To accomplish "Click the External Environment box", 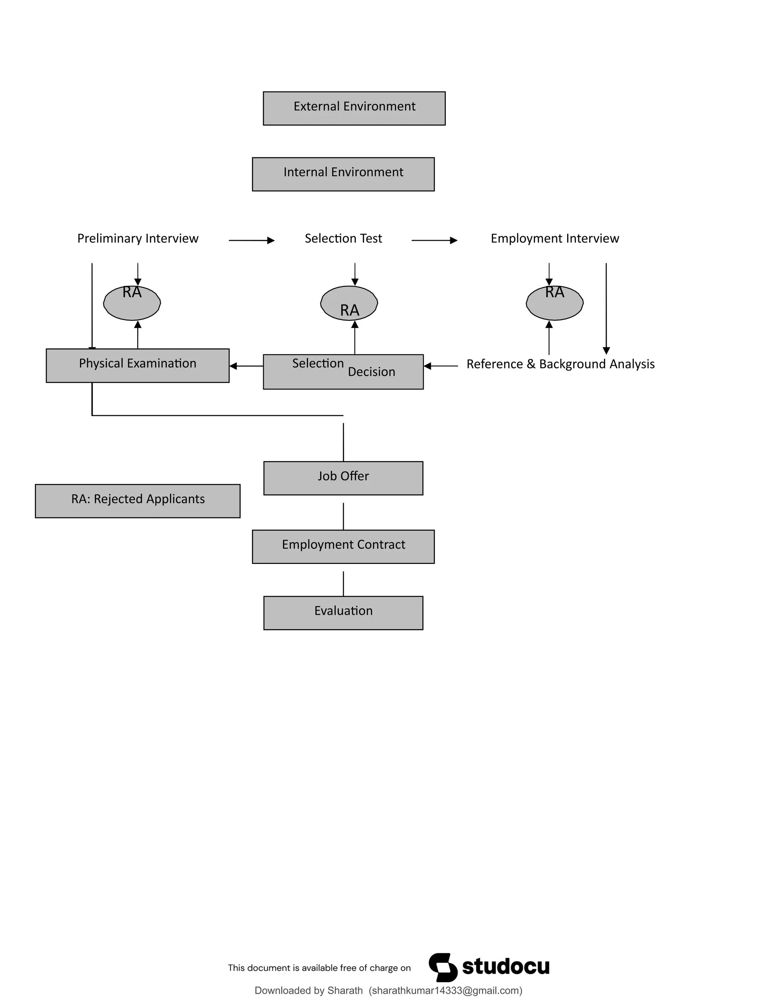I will pos(354,108).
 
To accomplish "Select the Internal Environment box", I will pos(343,174).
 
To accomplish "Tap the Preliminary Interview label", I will pos(138,239).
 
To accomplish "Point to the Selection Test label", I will pos(343,239).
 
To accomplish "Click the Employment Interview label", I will pos(555,239).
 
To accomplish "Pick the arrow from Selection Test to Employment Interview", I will pos(434,240).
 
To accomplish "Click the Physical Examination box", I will pos(138,365).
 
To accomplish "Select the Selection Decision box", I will pos(343,372).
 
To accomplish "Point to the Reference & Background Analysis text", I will pos(560,364).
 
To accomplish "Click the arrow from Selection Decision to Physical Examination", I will pos(246,366).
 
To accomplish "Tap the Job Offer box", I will pos(343,478).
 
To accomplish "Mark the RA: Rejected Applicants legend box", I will pos(138,501).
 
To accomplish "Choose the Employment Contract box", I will pos(343,546).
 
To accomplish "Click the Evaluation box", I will pos(343,613).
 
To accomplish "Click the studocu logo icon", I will pos(443,967).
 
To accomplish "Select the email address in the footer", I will pos(445,991).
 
